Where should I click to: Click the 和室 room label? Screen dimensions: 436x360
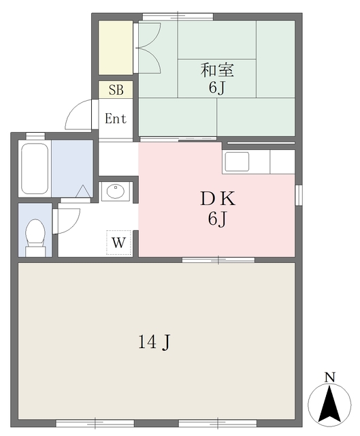(217, 69)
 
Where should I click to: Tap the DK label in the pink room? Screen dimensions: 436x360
(217, 200)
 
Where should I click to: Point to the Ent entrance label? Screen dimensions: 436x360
(116, 119)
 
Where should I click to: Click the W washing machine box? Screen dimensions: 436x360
(118, 242)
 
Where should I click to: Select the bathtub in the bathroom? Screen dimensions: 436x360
(34, 168)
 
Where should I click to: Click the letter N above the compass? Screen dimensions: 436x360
(329, 377)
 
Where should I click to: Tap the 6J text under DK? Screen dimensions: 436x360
(217, 220)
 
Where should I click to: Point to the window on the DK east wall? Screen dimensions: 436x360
(297, 194)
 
